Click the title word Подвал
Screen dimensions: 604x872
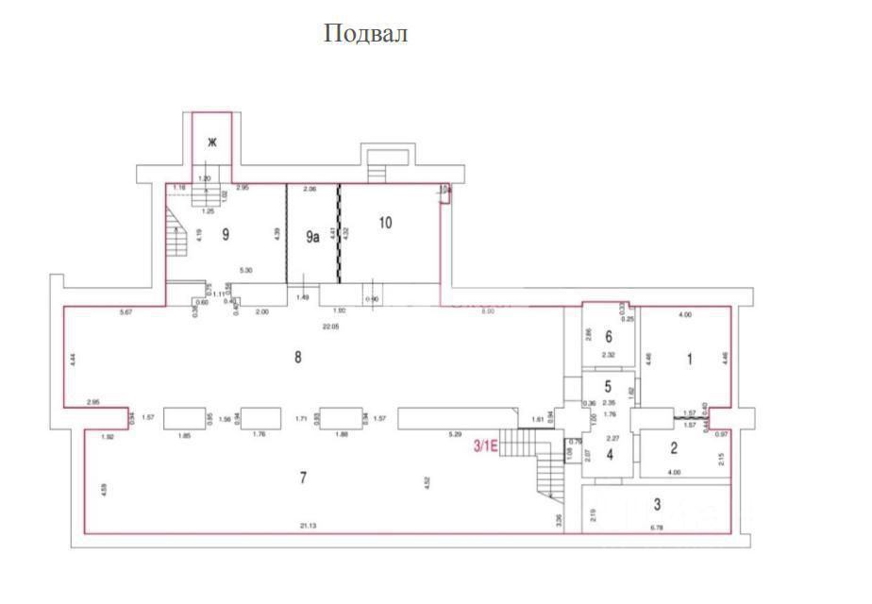click(x=366, y=34)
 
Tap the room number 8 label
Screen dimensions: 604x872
click(x=298, y=357)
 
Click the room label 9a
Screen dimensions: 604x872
click(x=312, y=238)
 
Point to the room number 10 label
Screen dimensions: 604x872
click(x=384, y=223)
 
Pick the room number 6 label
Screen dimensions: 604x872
click(x=609, y=337)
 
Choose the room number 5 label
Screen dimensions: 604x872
click(x=609, y=385)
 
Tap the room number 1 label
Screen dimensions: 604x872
click(x=689, y=358)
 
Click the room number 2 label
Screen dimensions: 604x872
click(x=674, y=449)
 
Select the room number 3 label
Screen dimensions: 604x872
click(x=657, y=505)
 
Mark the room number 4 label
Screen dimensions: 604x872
click(x=610, y=455)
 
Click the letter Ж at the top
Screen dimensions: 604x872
click(x=212, y=143)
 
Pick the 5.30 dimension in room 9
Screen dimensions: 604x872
click(x=246, y=271)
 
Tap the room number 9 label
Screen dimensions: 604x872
click(x=226, y=235)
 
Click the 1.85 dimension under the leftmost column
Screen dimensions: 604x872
click(x=184, y=435)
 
